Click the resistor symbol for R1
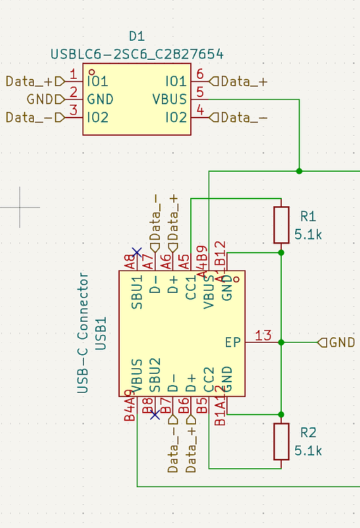pos(281,225)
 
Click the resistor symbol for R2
pos(281,441)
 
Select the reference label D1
pos(137,36)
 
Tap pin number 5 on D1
pos(200,92)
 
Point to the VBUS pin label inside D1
pos(170,99)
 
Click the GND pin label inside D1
pos(100,99)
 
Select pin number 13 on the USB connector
pos(263,335)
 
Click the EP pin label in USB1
pos(233,343)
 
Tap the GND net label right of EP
pos(342,343)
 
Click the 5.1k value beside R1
pos(309,234)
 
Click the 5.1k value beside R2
pos(309,451)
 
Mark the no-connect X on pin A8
pos(137,251)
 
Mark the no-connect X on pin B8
pos(155,415)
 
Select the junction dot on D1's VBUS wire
pos(299,170)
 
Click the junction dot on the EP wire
pos(281,343)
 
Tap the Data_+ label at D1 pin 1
pos(29,81)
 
